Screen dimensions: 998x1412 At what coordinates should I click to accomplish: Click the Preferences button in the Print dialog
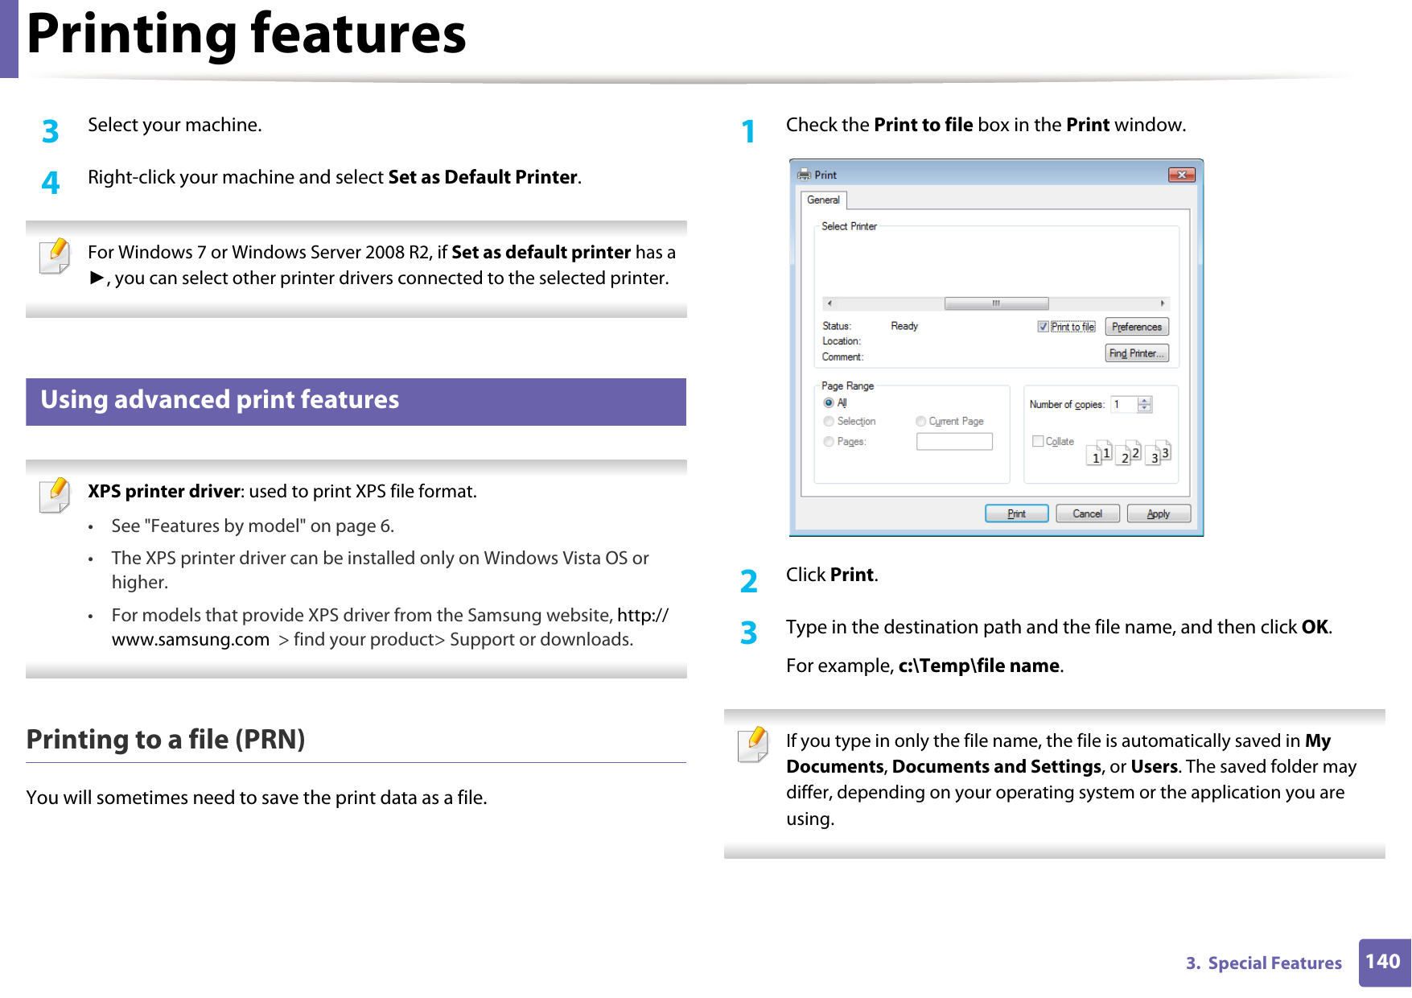point(1136,327)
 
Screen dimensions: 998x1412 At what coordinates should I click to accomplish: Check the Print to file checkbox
point(1043,327)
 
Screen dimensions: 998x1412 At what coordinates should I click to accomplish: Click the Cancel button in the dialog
point(1087,513)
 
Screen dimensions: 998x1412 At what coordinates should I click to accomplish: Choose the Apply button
point(1158,513)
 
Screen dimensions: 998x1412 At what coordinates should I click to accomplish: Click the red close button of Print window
point(1181,175)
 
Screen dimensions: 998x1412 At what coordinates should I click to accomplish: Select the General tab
point(823,200)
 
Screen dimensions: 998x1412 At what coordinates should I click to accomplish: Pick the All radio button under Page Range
point(829,402)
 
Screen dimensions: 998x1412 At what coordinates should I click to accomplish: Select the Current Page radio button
point(921,421)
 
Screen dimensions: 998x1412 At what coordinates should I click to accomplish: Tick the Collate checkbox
point(1038,441)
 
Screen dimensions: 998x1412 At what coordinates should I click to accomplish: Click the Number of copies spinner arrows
point(1145,404)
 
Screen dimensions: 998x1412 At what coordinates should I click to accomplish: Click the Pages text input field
point(954,441)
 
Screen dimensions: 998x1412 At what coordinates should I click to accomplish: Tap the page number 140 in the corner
point(1382,962)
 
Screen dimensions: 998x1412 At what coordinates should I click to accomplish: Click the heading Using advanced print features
point(220,400)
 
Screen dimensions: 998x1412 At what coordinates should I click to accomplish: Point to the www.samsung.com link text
point(191,640)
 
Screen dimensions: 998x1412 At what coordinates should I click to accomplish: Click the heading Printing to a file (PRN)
point(166,739)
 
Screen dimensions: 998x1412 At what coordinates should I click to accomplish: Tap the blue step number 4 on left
point(51,183)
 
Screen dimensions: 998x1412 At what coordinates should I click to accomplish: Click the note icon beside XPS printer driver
point(55,495)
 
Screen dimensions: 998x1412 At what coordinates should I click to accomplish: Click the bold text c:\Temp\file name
point(978,666)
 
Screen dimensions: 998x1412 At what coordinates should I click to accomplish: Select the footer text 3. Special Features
point(1263,963)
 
